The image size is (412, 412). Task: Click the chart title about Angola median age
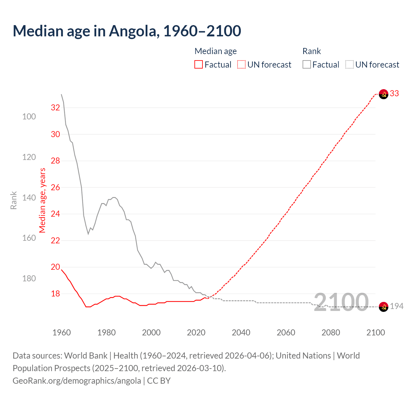tap(127, 31)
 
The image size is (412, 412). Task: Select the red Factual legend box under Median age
tap(199, 65)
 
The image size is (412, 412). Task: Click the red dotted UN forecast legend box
tap(241, 65)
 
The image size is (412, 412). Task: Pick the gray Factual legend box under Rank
tap(307, 65)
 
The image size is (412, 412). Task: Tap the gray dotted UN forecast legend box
tap(350, 65)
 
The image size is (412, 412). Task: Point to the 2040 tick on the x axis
tap(241, 332)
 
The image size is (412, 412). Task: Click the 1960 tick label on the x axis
tap(61, 332)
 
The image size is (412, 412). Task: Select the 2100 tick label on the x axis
tap(375, 332)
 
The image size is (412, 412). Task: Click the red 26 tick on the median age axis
tap(55, 187)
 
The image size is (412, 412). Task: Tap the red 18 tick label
tap(55, 294)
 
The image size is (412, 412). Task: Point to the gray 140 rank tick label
tap(29, 198)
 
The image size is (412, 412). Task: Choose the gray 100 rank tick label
tap(29, 117)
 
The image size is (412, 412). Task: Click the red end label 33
tap(394, 93)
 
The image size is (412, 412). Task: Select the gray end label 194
tap(397, 306)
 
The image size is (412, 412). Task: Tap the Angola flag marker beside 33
tap(383, 94)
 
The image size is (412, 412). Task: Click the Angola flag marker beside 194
tap(383, 307)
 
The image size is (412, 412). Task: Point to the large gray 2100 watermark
tap(341, 302)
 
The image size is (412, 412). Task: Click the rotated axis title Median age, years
tap(42, 200)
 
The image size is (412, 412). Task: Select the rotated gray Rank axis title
tap(14, 200)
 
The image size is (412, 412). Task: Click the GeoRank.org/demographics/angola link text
tap(77, 381)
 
